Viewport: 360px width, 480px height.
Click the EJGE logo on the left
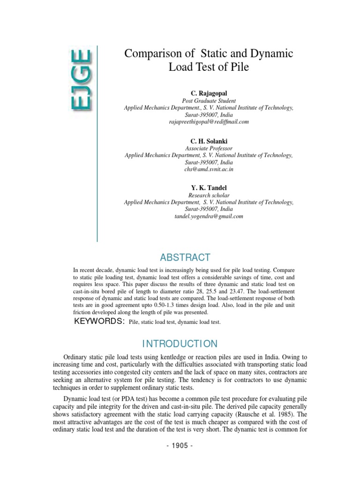click(82, 81)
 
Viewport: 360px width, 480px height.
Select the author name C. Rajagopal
click(209, 94)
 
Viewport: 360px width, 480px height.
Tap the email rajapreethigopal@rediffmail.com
click(209, 121)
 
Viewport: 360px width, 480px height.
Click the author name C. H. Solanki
click(209, 141)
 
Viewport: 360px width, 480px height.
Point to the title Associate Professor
click(209, 148)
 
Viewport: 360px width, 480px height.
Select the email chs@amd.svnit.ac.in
click(209, 169)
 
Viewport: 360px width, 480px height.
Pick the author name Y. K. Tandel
click(209, 188)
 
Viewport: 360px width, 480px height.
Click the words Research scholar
click(209, 195)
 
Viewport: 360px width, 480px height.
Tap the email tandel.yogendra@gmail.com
click(209, 216)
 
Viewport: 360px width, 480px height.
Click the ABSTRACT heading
click(185, 257)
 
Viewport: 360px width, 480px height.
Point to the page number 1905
click(180, 445)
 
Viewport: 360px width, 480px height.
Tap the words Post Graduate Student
click(209, 101)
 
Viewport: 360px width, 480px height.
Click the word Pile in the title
click(238, 67)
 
